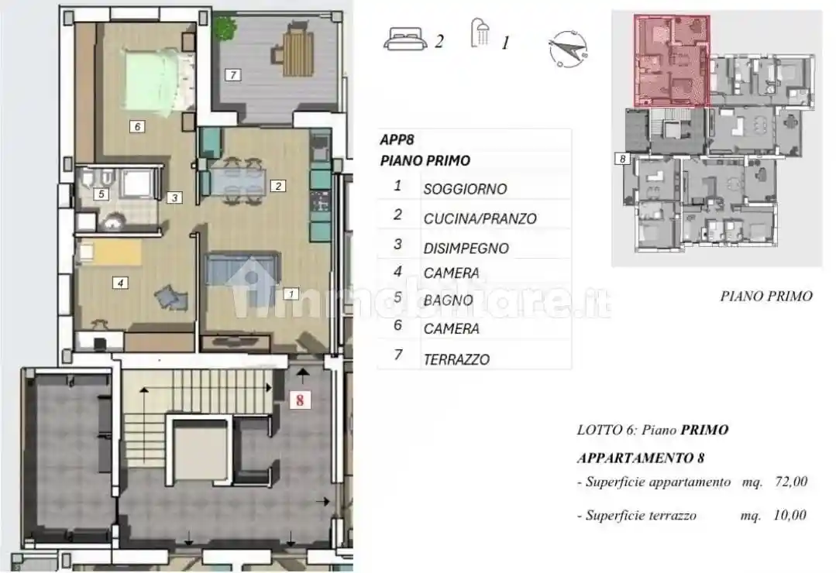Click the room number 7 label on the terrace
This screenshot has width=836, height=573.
tap(232, 75)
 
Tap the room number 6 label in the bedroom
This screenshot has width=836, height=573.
tap(136, 126)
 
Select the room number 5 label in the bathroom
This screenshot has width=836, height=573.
tap(101, 194)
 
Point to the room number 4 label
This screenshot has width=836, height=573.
tap(119, 283)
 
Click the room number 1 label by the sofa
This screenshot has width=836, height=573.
tap(291, 293)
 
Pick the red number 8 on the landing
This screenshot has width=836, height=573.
tap(299, 400)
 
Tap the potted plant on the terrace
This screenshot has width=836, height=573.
tap(225, 29)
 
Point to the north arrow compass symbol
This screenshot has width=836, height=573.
tap(567, 49)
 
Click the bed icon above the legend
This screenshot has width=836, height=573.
tap(404, 39)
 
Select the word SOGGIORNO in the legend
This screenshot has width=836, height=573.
tap(465, 189)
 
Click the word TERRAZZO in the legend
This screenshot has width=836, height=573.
tap(456, 359)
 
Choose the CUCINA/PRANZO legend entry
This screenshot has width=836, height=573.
tap(480, 219)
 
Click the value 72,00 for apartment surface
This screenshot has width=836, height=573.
tap(790, 482)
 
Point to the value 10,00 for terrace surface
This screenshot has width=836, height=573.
tap(790, 515)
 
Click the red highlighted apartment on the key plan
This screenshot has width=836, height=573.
tap(672, 60)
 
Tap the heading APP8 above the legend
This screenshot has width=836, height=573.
tap(397, 140)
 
